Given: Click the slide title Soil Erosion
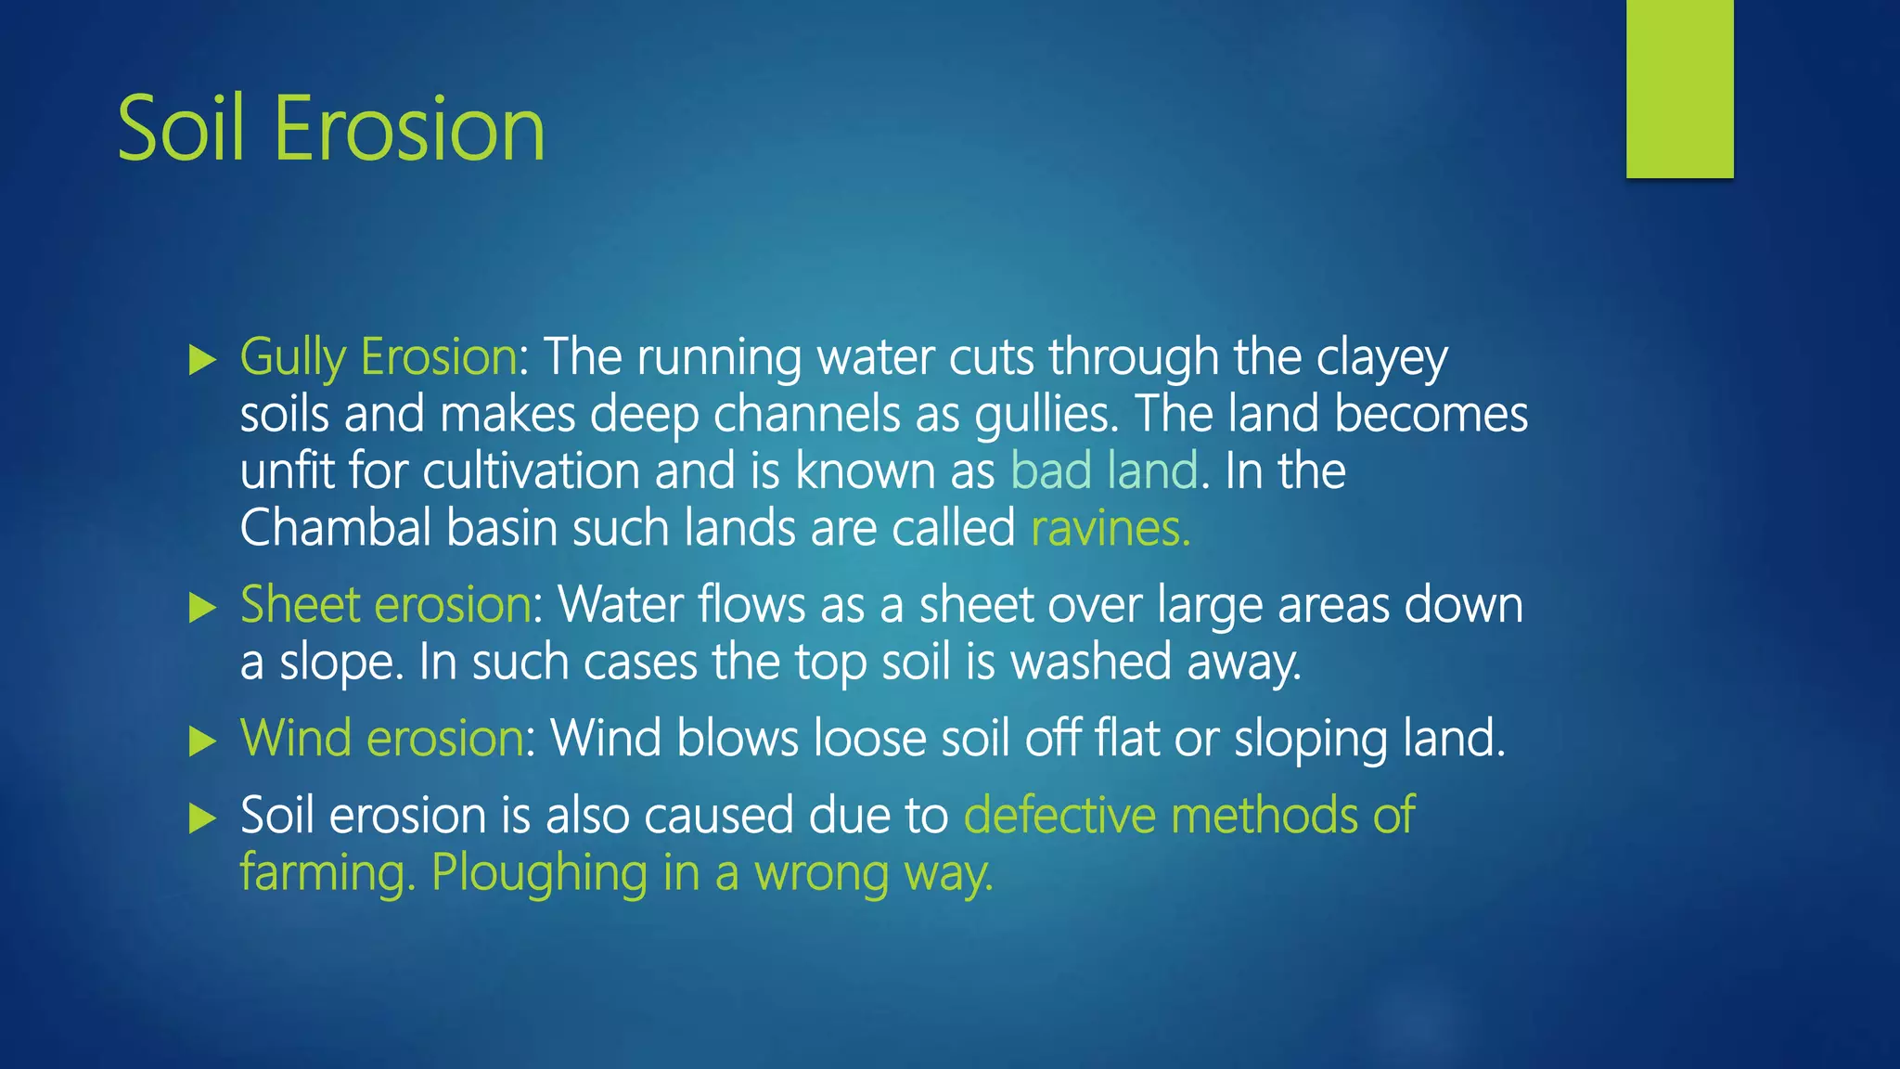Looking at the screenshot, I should tap(331, 129).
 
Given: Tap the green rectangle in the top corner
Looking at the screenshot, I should tap(1679, 89).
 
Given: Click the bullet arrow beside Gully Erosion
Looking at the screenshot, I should tap(201, 360).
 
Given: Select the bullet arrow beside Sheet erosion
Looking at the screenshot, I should tap(201, 608).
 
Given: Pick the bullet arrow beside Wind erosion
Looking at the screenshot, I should tap(201, 741).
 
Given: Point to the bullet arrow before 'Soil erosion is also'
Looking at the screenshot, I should tap(201, 818).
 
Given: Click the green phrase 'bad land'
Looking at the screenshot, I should tap(1104, 470).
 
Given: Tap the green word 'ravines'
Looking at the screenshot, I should tap(1110, 529).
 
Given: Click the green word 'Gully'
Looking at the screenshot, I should tap(292, 358).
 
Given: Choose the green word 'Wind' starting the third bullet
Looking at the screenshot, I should tap(295, 739).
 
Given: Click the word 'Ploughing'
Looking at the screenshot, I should tap(539, 874).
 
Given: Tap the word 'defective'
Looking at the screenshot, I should tap(1059, 816).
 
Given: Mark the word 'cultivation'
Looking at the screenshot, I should tap(532, 470).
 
